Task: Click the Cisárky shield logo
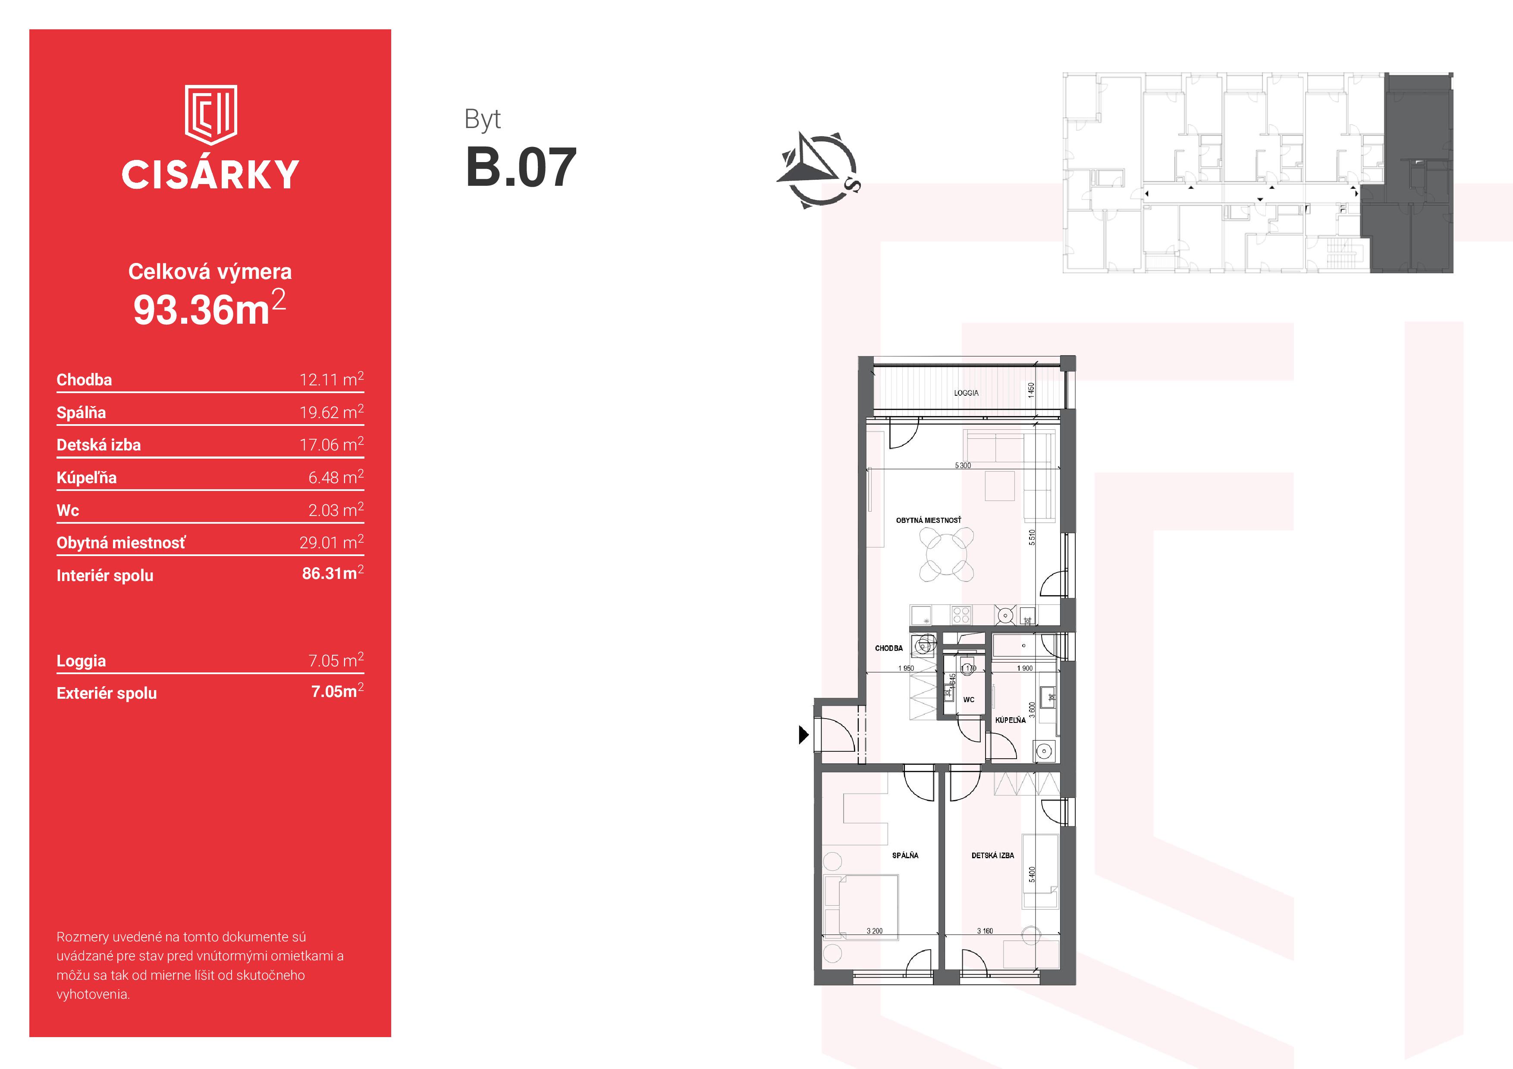(211, 115)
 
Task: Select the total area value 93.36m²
(210, 308)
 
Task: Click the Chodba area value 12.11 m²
(332, 379)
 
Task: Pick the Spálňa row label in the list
(81, 413)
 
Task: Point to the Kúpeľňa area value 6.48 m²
(336, 476)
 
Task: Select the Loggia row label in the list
(81, 661)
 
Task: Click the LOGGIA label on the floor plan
(966, 393)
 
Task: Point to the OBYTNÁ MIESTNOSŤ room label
(929, 520)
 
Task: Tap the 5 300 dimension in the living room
(963, 466)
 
